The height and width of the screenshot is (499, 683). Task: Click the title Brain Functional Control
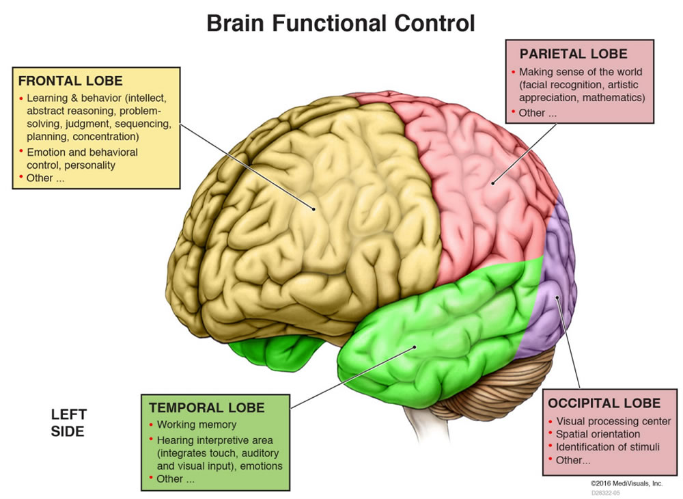coord(340,23)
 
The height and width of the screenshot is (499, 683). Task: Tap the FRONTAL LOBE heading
coord(70,81)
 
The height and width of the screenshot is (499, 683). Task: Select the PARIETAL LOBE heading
coord(573,53)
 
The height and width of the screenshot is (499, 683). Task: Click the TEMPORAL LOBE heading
coord(206,407)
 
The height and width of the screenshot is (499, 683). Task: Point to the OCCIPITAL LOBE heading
coord(604,403)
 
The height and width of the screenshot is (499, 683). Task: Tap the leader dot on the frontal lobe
coord(313,209)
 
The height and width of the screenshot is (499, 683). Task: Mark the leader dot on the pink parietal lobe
coord(492,183)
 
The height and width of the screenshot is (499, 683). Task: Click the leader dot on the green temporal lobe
coord(415,347)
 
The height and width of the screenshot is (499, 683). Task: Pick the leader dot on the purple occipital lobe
coord(557,297)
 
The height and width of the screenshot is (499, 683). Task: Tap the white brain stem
coord(420,425)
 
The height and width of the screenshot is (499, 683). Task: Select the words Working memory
coord(197,424)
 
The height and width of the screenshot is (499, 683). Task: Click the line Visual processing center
coord(613,422)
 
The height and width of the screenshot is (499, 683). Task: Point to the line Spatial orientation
coord(598,434)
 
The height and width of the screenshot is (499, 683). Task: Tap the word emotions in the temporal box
coord(262,466)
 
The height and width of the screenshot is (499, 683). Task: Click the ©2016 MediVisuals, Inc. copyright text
coord(626,483)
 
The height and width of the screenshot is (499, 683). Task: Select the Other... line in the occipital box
coord(573,460)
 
